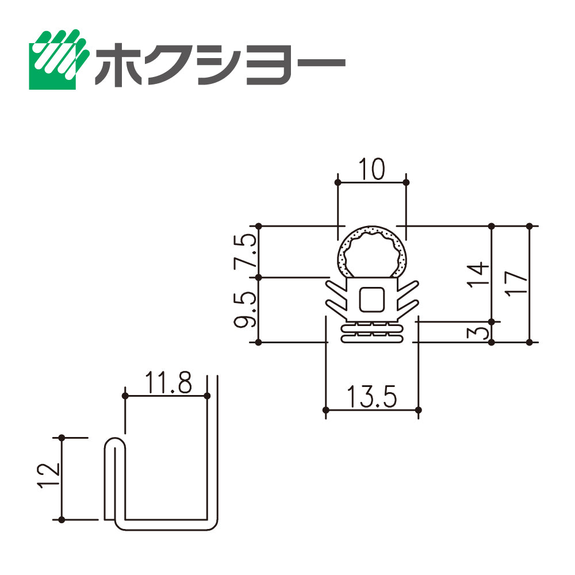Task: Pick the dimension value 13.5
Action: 371,397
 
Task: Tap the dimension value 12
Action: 49,477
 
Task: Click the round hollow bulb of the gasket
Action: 371,252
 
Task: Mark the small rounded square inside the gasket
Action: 371,299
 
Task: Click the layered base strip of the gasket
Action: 371,332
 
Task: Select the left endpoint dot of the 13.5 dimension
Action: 326,410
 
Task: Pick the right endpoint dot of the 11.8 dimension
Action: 207,396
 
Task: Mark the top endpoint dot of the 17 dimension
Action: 530,226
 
